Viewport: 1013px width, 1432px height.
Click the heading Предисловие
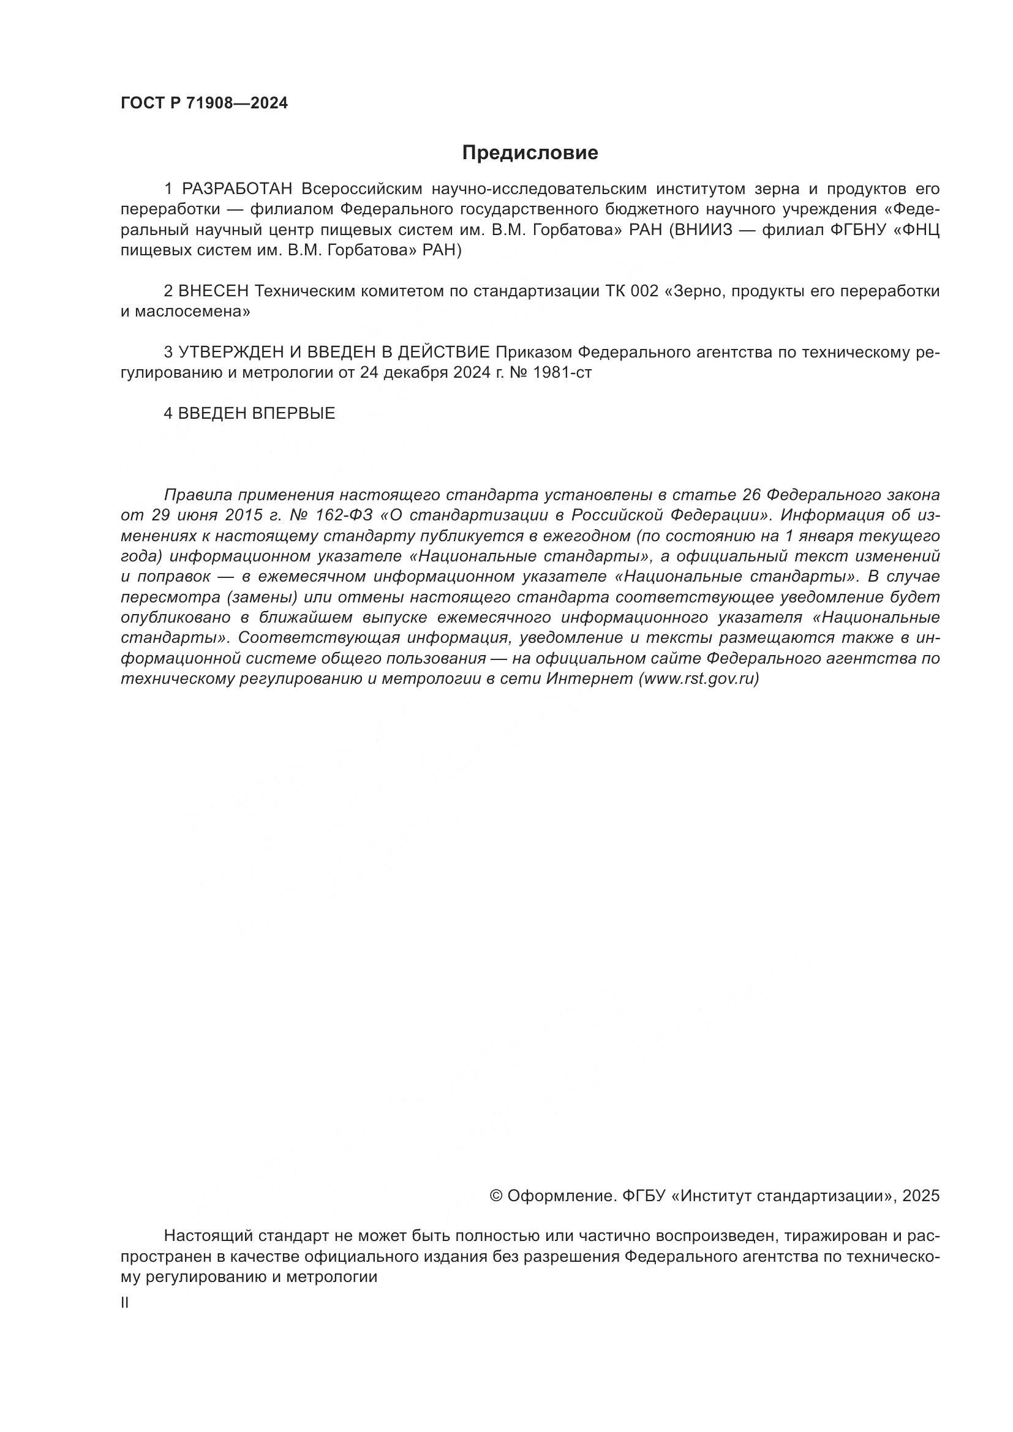coord(530,153)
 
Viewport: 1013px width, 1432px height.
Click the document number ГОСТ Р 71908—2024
coord(204,103)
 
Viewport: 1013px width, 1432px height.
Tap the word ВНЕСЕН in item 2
coord(214,291)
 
